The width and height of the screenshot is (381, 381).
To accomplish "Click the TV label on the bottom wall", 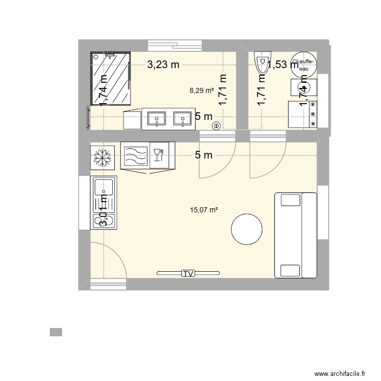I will coord(188,274).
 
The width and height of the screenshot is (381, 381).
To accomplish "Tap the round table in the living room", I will coord(247,230).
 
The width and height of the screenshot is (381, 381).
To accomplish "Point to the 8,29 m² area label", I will coord(201,91).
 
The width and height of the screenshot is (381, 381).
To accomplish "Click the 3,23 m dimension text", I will coord(164,65).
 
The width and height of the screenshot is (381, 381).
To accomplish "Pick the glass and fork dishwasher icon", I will coord(158,154).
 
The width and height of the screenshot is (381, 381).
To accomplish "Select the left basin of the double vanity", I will coord(156,119).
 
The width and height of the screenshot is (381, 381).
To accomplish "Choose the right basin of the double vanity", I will coord(181,119).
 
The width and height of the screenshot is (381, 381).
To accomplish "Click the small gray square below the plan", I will coord(56,332).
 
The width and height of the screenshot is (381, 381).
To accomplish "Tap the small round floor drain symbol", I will coord(216,126).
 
